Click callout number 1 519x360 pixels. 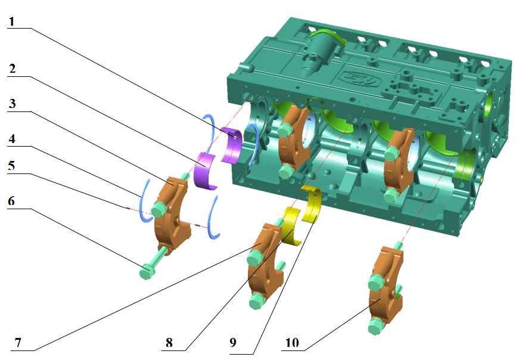click(x=13, y=21)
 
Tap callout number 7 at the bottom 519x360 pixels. click(x=17, y=343)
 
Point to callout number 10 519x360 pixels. click(x=293, y=343)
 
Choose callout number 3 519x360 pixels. click(x=13, y=103)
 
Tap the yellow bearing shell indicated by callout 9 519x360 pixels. click(x=312, y=203)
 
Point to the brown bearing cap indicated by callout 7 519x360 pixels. click(x=265, y=262)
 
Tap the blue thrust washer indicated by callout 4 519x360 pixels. click(x=143, y=200)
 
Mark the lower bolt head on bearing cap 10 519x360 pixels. click(x=375, y=325)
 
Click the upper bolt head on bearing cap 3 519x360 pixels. click(x=159, y=209)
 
